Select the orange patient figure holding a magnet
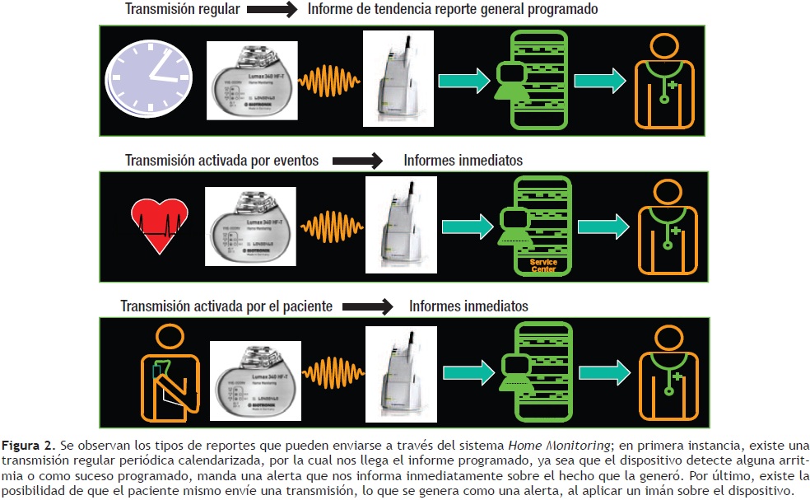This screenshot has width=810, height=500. coord(169,368)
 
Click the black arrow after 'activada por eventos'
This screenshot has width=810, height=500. coord(356,160)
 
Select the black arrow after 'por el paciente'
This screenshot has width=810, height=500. coord(368,306)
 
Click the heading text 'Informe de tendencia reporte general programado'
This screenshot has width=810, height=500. coord(452,10)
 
